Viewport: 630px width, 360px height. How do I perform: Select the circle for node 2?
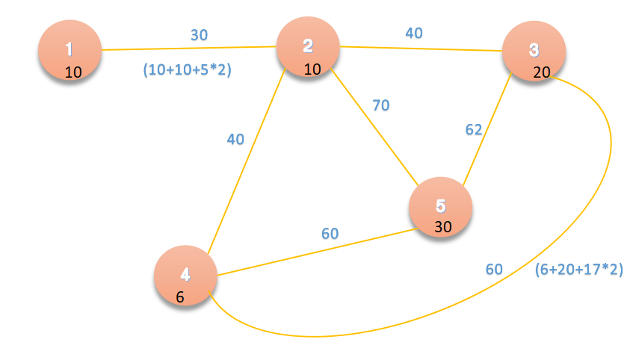308,49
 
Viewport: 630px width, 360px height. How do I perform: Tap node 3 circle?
534,52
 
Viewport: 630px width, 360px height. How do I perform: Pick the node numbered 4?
185,276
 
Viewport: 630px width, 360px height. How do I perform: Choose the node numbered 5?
441,208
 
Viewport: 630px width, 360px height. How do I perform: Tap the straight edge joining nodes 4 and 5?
314,252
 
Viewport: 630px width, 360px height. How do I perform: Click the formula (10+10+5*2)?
187,70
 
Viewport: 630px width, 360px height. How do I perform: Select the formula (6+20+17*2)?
579,269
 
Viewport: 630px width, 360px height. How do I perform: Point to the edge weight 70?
381,105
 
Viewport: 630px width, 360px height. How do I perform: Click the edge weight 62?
474,129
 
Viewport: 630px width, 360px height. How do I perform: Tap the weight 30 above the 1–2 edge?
199,34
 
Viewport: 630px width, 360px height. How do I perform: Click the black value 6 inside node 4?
180,297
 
